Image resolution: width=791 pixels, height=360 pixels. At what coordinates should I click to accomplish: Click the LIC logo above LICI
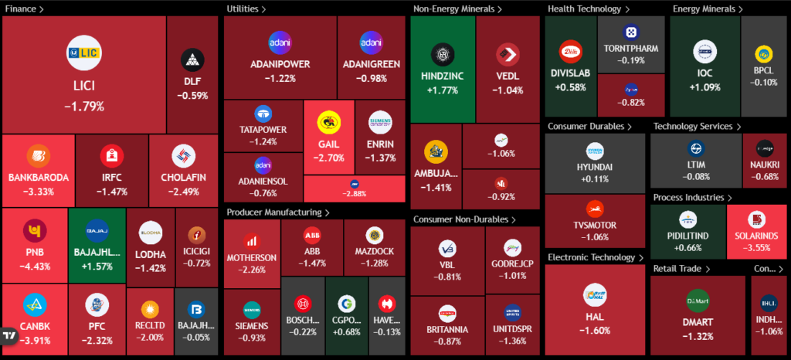(x=84, y=51)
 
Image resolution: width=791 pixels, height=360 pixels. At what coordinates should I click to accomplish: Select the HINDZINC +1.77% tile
(x=442, y=70)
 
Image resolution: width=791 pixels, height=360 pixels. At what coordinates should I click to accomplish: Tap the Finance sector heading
(x=24, y=8)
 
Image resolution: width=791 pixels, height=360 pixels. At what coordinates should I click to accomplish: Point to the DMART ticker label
(x=698, y=321)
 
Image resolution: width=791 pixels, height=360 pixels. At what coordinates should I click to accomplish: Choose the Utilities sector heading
(x=246, y=8)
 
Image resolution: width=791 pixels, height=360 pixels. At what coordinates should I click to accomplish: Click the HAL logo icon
(x=597, y=295)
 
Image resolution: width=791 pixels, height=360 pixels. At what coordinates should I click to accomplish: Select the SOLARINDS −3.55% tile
(x=755, y=232)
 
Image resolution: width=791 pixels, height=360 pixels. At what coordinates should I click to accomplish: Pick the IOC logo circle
(x=704, y=53)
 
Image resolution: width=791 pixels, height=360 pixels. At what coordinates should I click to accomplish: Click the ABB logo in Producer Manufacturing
(x=312, y=235)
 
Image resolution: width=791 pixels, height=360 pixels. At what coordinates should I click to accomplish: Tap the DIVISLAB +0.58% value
(x=570, y=87)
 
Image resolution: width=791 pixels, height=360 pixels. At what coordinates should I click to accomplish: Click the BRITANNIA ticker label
(x=447, y=328)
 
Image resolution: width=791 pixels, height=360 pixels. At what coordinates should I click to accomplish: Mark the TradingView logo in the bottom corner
(x=10, y=338)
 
